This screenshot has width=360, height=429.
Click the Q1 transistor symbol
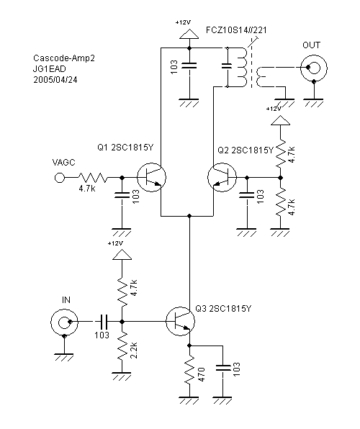tap(151, 177)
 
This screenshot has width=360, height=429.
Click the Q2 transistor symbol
tap(222, 177)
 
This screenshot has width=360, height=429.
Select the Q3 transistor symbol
tap(180, 321)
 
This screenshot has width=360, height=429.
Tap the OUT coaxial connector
tap(313, 68)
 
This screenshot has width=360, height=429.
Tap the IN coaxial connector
tap(64, 322)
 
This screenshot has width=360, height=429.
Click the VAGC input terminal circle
tap(60, 178)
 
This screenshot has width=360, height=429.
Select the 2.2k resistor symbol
tap(122, 347)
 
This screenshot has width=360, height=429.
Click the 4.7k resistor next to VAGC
tap(93, 178)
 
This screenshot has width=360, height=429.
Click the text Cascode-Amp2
tap(64, 58)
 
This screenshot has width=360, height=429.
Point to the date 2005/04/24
tap(55, 80)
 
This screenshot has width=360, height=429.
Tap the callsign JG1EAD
tap(49, 69)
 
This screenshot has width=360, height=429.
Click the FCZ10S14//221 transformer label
tap(236, 30)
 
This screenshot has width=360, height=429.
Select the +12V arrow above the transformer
tap(189, 34)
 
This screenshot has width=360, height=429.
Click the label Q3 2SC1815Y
tap(223, 309)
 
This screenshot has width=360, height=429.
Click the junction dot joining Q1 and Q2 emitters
tap(189, 216)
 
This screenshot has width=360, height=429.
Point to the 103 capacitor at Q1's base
tap(122, 195)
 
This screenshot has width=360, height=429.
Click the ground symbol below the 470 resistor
tap(189, 399)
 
